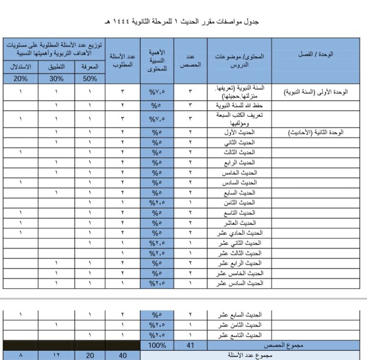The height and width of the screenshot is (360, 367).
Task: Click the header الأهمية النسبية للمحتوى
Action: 157,60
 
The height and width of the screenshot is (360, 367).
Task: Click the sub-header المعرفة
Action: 90,67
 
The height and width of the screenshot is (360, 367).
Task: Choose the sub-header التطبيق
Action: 56,67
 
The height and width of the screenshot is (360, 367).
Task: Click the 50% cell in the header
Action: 90,78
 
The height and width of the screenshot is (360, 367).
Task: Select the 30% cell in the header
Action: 56,78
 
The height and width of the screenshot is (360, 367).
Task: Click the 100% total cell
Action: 157,345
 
